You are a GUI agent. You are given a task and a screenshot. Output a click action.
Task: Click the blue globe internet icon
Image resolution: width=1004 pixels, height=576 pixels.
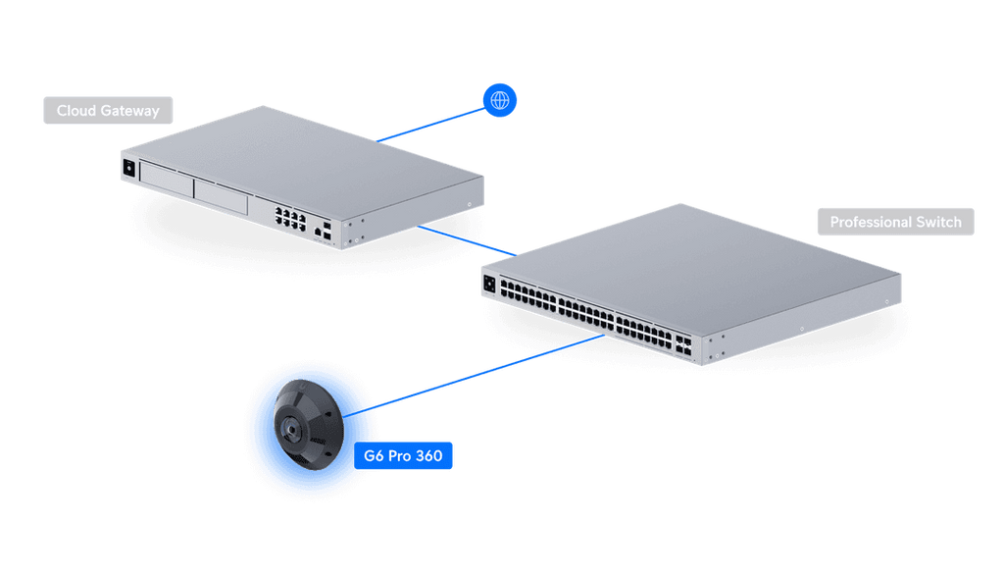[500, 100]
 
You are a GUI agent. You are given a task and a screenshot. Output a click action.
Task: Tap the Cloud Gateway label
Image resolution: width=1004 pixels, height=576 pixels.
[107, 111]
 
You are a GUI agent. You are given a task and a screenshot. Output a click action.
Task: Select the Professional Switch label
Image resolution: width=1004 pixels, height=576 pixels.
[895, 222]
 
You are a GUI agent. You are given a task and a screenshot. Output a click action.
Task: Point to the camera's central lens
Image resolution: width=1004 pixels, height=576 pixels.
[291, 428]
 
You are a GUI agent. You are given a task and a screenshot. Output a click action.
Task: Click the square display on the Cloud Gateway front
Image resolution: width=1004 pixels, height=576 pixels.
[128, 168]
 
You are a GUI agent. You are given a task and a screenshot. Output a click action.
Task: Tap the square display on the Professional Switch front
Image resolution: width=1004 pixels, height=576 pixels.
[488, 284]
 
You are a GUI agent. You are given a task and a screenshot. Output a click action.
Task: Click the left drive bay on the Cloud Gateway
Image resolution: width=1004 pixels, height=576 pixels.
[166, 177]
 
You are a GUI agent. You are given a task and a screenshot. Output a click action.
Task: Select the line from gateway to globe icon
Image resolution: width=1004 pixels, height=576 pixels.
[431, 123]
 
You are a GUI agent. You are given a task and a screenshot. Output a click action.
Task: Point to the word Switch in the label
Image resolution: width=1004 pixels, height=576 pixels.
[938, 222]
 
